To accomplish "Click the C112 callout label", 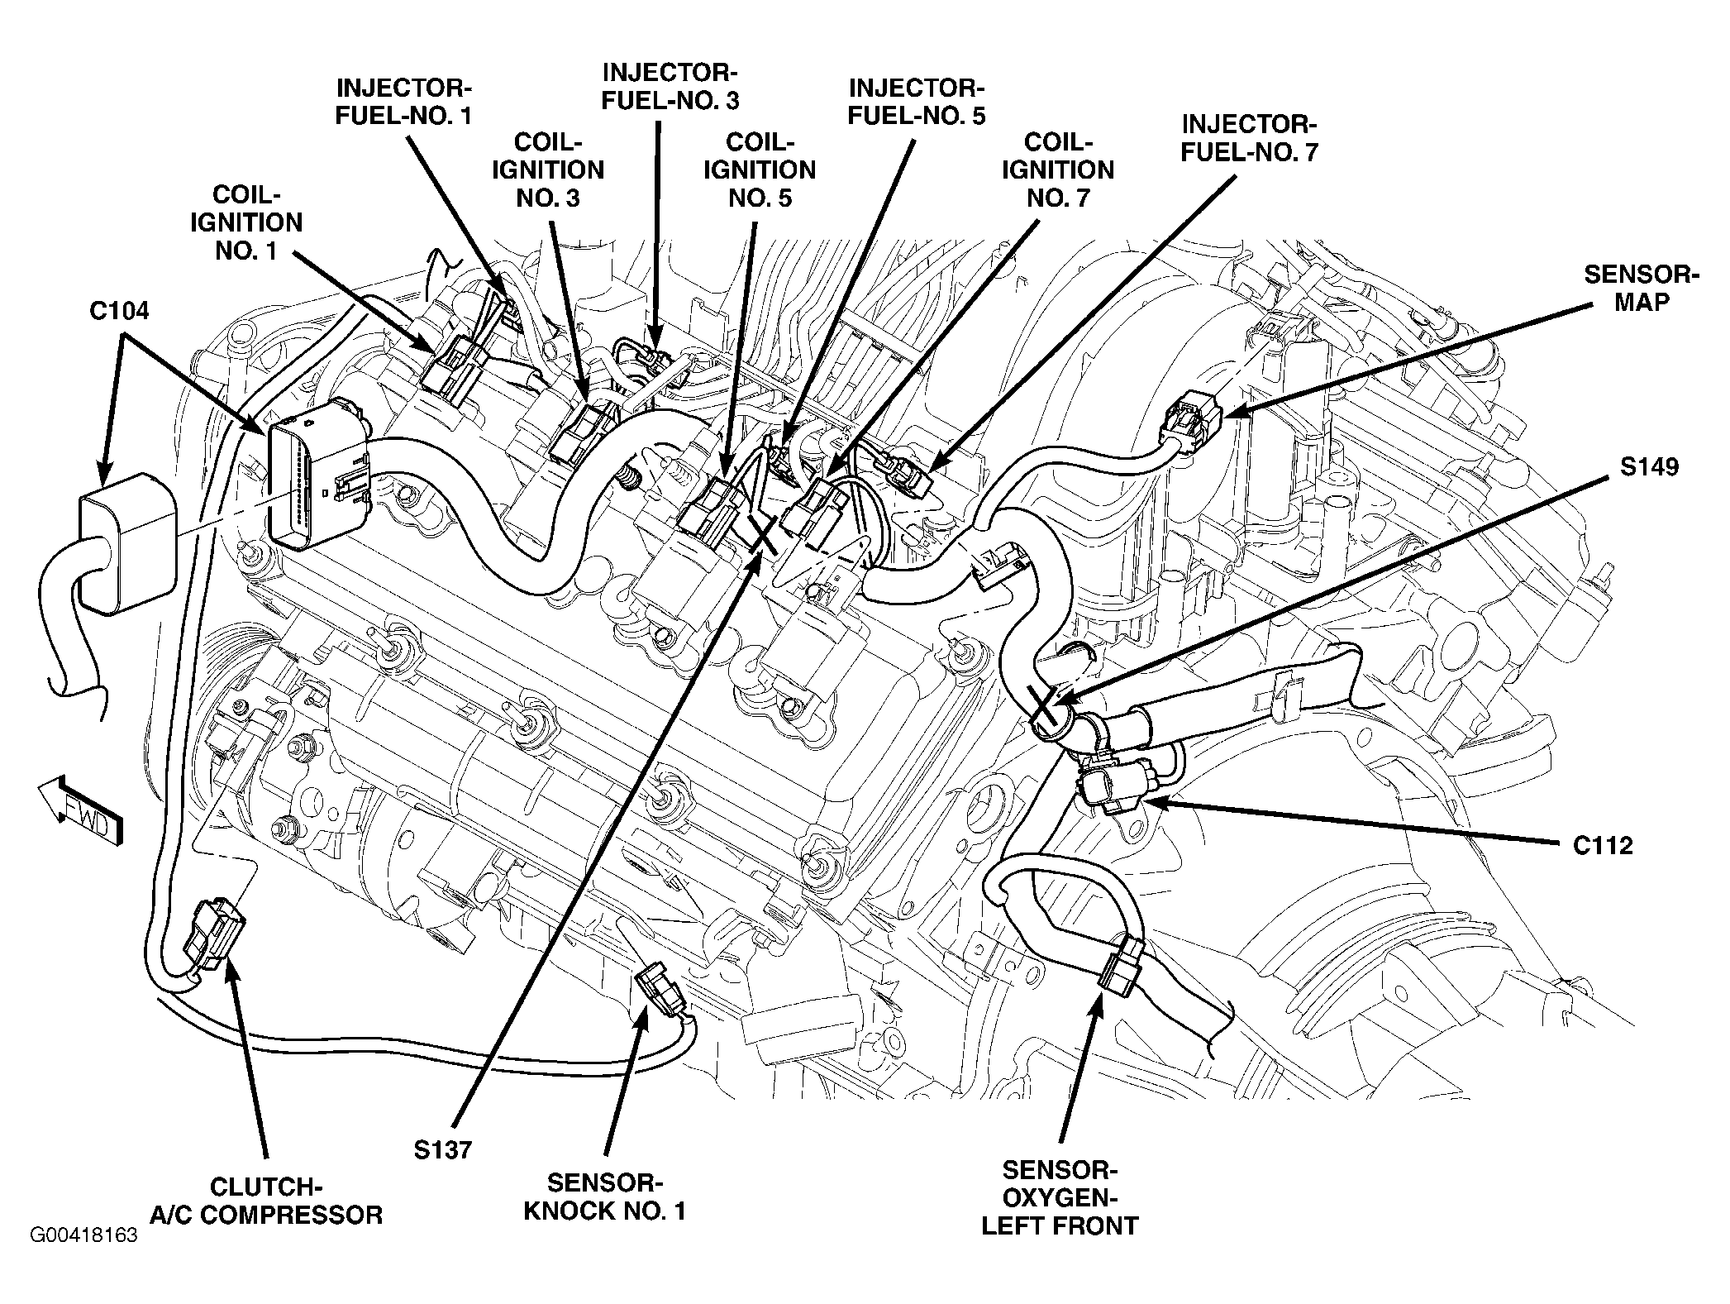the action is [x=1603, y=845].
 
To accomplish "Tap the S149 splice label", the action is [x=1648, y=467].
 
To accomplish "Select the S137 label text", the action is [x=442, y=1149].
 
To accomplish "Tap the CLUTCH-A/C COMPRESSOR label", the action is [x=266, y=1201].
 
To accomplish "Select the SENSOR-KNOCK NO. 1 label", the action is [x=605, y=1197].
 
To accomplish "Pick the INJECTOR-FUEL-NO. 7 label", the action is [x=1248, y=138].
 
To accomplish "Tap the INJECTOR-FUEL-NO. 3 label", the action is [x=669, y=86].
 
